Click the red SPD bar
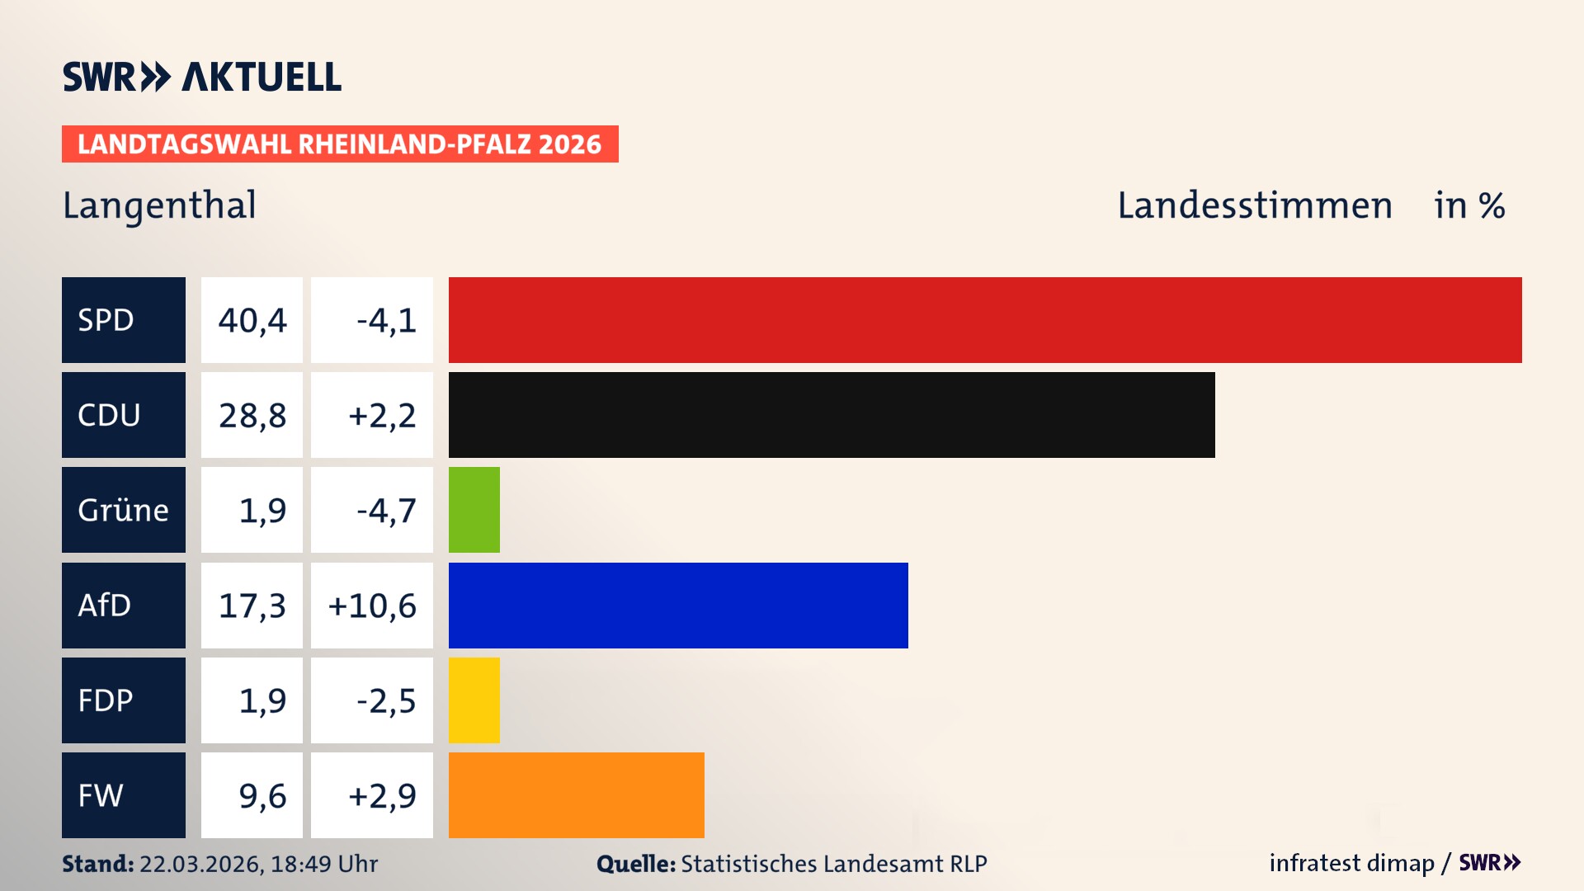[985, 320]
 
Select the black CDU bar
[832, 415]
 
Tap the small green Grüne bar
[474, 510]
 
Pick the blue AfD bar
[678, 606]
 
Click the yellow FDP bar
[474, 700]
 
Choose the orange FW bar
[577, 795]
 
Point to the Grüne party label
[124, 510]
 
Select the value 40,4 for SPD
[252, 320]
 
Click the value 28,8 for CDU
[252, 415]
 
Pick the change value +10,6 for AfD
[372, 606]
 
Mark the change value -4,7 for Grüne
[385, 510]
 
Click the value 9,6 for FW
[262, 795]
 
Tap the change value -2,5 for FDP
[385, 700]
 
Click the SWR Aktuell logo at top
[202, 77]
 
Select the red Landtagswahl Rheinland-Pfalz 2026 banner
[340, 144]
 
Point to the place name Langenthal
[159, 205]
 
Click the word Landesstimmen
[1254, 205]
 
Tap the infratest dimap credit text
[1351, 863]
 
